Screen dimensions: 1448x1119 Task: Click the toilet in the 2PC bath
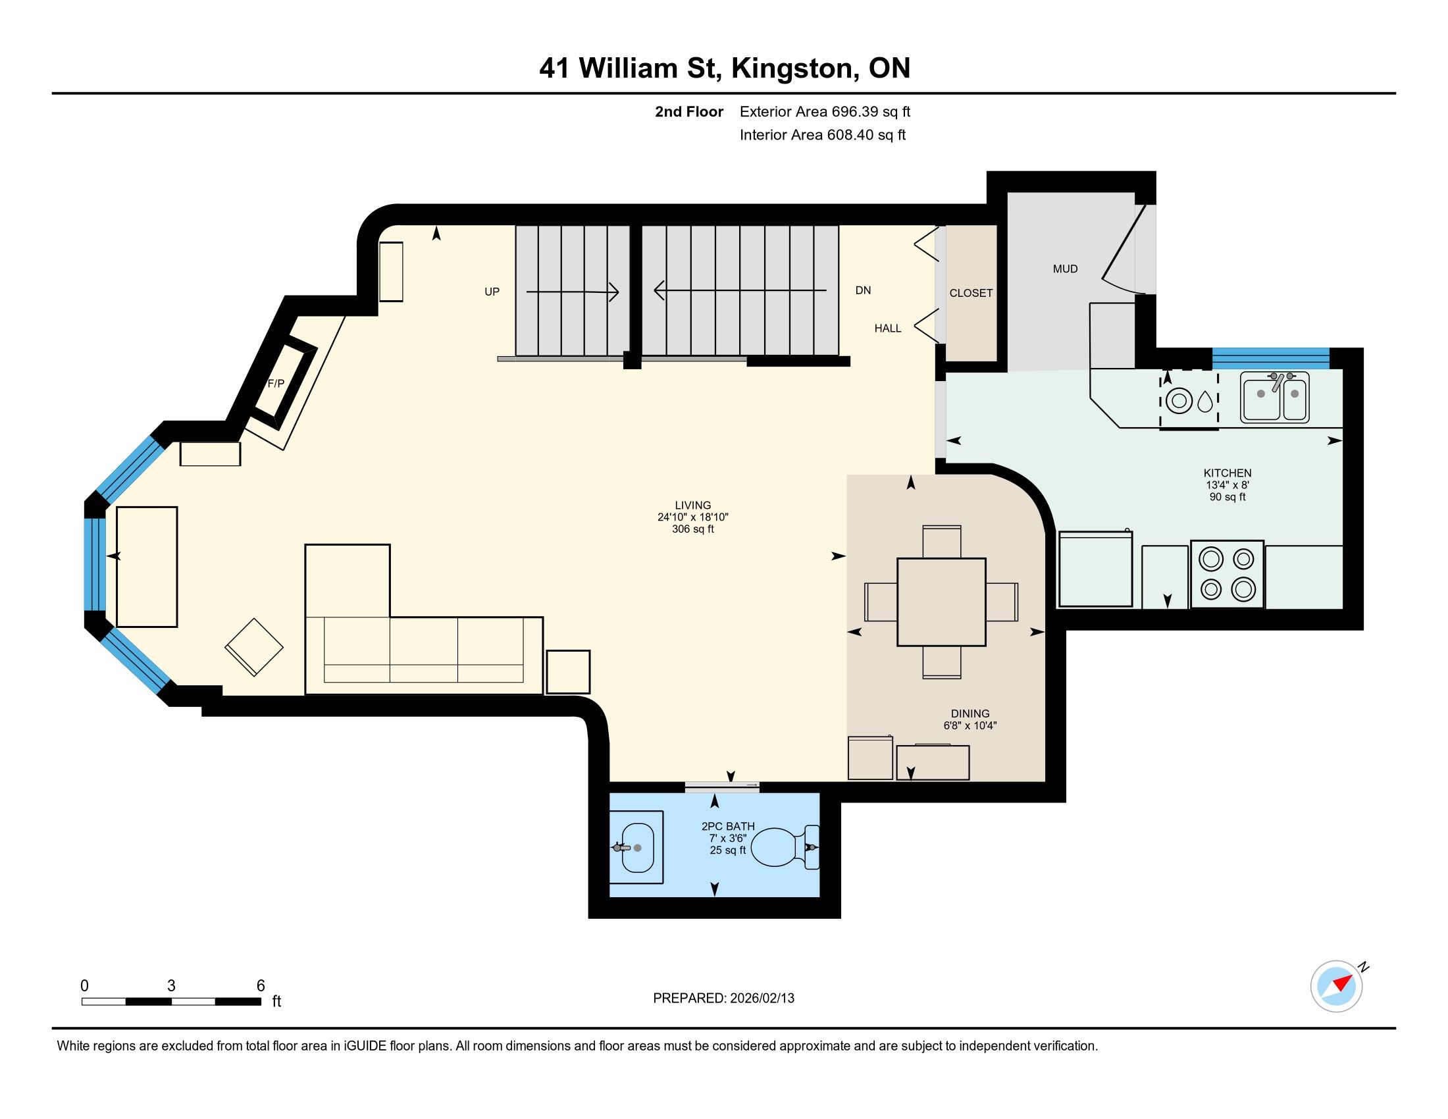coord(785,846)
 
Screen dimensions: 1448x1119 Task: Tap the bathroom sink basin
coord(636,848)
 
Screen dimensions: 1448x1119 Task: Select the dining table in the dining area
coord(941,602)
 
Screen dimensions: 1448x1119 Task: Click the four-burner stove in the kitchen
coord(1228,574)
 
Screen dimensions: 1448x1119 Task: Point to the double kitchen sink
coord(1275,396)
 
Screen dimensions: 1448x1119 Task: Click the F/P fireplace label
coord(276,383)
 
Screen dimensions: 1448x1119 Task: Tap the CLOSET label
coord(971,293)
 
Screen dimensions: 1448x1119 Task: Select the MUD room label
coord(1065,269)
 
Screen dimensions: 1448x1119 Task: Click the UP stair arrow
coord(572,292)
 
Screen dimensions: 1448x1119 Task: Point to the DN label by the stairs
coord(864,290)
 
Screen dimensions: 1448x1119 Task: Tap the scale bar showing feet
coord(171,1001)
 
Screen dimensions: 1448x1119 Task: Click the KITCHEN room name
coord(1228,473)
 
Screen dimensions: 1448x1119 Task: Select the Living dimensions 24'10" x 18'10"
coord(693,517)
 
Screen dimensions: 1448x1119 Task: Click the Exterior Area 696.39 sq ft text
coord(825,111)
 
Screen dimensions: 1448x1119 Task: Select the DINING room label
coord(970,714)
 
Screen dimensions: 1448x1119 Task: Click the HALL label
coord(888,328)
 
